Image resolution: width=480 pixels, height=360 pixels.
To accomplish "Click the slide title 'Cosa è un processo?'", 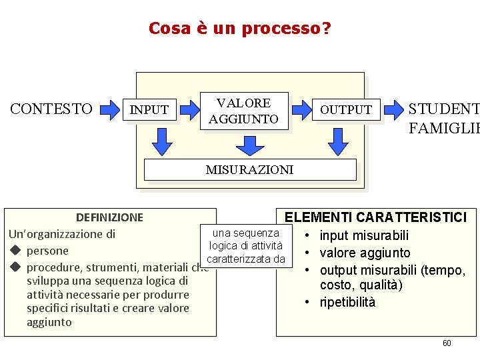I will tap(239, 29).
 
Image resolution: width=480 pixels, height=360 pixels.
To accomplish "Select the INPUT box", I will tap(149, 109).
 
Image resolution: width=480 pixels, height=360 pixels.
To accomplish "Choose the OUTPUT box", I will tap(346, 109).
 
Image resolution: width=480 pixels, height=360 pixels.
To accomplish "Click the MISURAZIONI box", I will tap(249, 169).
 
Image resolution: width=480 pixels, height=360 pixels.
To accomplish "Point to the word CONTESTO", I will tap(51, 109).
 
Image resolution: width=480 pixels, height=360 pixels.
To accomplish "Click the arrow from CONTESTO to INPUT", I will tap(109, 109).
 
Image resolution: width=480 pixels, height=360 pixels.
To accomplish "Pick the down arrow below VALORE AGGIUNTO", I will tap(249, 145).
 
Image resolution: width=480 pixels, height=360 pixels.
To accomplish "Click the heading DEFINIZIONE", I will tap(109, 217).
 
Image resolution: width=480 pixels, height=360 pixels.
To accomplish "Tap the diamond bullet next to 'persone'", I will tap(13, 251).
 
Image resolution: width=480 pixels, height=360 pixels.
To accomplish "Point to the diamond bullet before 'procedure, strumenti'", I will tap(13, 268).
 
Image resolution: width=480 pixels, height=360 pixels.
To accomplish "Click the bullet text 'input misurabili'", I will tap(364, 235).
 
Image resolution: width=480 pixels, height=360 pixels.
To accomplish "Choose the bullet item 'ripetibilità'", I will tap(347, 302).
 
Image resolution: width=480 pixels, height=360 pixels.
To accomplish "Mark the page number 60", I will tap(447, 343).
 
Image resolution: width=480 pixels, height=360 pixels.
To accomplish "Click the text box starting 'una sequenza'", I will tap(245, 246).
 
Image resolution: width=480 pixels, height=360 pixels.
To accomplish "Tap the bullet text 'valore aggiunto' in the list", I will tap(365, 253).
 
